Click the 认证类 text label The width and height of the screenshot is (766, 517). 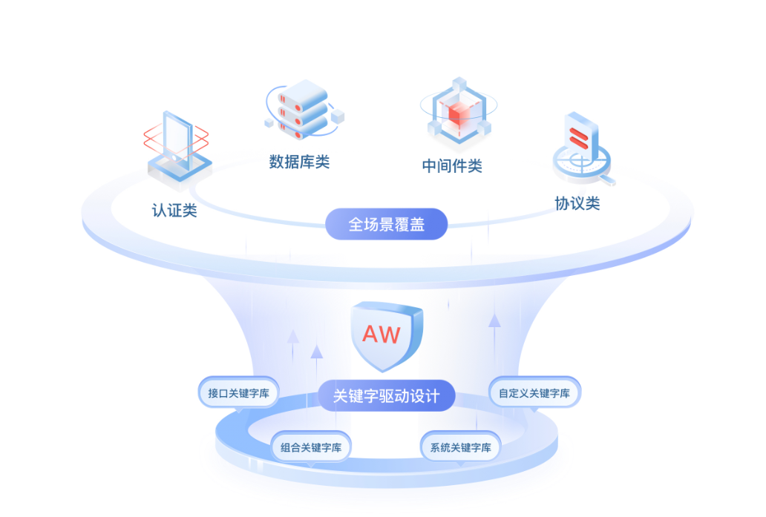174,211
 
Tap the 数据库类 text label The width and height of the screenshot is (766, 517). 299,162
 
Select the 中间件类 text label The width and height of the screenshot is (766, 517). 452,165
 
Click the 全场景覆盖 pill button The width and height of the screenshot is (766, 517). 386,224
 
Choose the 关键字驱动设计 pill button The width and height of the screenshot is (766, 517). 386,395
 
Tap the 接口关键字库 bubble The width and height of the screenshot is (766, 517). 238,392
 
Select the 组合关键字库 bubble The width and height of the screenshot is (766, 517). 311,447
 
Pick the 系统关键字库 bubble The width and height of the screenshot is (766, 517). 460,447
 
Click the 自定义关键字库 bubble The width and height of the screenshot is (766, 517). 534,392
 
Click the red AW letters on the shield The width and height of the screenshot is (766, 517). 381,334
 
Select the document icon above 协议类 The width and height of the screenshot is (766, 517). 580,138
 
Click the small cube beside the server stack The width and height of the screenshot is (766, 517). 338,116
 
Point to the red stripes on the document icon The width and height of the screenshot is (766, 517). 578,136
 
